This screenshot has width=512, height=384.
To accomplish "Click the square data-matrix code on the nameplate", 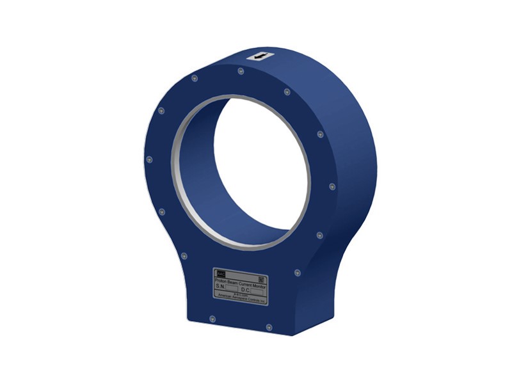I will (260, 279).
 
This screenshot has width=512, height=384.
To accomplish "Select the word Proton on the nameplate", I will (223, 279).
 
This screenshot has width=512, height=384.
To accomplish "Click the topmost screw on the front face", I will (240, 71).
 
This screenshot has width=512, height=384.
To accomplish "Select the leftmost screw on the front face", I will (149, 159).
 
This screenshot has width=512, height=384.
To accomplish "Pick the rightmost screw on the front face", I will (332, 187).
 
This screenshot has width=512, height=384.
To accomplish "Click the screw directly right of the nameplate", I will (296, 272).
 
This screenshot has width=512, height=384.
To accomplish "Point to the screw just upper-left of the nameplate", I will (184, 255).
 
